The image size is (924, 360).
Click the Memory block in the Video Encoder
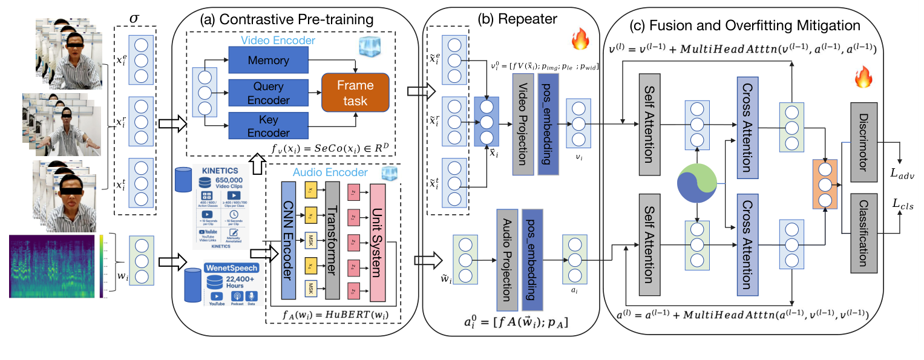267,61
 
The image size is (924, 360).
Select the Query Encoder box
267,94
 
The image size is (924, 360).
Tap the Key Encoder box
267,126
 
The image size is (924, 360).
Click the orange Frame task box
355,93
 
